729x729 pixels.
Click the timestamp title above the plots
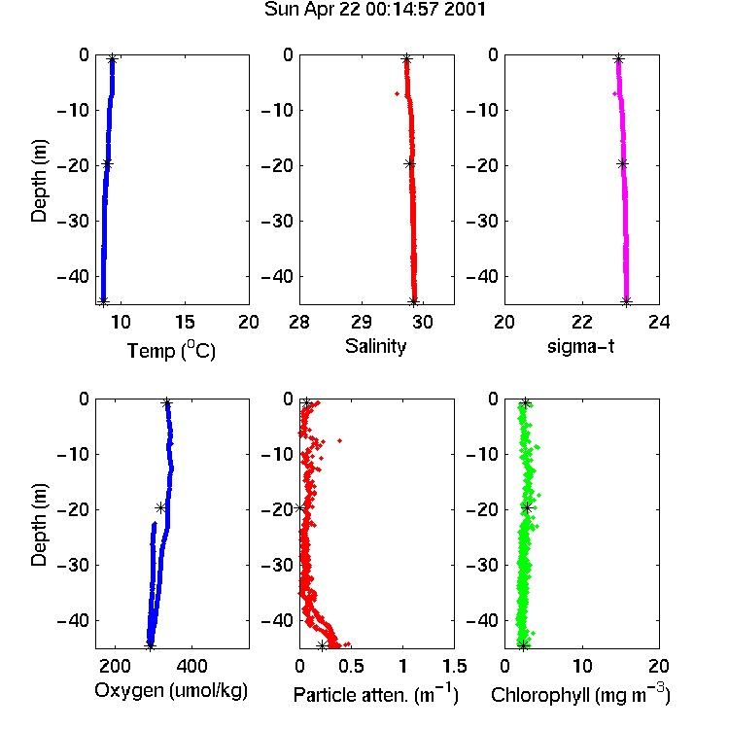coord(375,10)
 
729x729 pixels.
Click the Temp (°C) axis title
coord(171,350)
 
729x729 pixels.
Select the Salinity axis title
coord(375,346)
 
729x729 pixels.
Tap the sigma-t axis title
coord(580,346)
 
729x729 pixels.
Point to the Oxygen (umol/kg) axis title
coord(171,691)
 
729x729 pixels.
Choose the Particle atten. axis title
coord(375,694)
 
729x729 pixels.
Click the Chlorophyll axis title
coord(580,694)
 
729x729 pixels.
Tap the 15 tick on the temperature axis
coord(185,322)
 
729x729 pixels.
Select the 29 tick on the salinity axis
coord(362,322)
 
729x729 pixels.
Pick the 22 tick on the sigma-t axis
coord(582,322)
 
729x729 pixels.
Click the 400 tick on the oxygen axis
coord(191,666)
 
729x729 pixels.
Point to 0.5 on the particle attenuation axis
coord(351,666)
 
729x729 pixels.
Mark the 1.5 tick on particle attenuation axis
coord(454,666)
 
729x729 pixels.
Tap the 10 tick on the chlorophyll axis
coord(582,666)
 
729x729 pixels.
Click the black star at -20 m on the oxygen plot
coord(160,507)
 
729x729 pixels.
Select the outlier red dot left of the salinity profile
coord(397,94)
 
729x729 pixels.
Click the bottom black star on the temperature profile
coord(104,300)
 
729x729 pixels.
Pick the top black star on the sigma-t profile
coord(618,59)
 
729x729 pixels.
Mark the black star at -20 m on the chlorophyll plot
coord(527,507)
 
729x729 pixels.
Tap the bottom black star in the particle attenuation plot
coord(322,645)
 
